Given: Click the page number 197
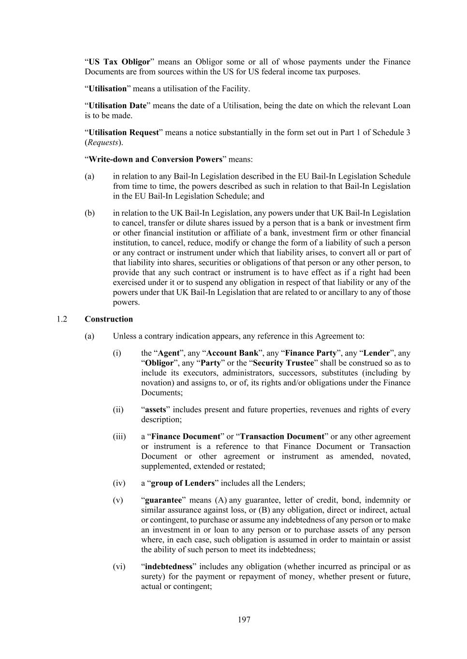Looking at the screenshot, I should [x=244, y=619].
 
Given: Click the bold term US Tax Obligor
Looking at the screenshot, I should [x=119, y=62].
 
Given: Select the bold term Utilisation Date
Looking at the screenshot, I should [x=117, y=106].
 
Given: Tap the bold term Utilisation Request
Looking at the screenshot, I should [x=124, y=132].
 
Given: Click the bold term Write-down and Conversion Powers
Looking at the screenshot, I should [x=155, y=159].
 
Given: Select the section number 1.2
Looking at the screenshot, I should [x=61, y=319].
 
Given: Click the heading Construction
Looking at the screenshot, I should [x=109, y=319].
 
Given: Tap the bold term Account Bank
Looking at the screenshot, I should [x=233, y=353].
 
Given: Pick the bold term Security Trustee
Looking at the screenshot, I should [x=283, y=363].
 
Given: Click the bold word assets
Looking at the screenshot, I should [x=156, y=409].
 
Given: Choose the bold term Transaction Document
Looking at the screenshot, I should [x=282, y=436].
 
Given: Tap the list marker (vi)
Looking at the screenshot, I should [x=119, y=566].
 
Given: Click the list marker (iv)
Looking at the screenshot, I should [x=119, y=483].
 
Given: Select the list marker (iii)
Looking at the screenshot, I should [x=119, y=436].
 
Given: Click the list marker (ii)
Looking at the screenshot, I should [x=118, y=409].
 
